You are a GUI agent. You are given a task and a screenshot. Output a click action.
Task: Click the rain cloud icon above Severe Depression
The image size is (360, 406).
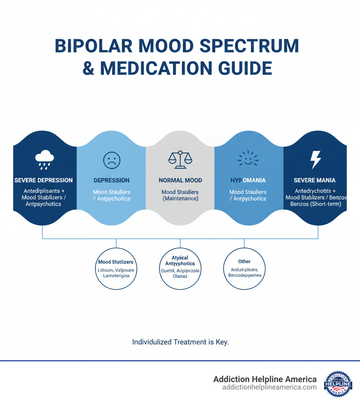45,159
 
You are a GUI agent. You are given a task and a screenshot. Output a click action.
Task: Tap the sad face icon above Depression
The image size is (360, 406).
111,160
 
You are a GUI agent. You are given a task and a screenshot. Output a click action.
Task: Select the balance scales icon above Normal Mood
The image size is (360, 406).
180,160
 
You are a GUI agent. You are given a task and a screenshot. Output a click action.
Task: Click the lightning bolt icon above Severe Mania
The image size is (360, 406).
315,160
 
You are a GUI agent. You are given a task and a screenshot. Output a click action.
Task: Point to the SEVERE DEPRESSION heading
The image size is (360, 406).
44,180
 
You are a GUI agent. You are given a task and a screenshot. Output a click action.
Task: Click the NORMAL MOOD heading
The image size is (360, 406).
180,180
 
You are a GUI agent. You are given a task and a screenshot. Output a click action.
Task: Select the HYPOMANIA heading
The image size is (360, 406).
247,180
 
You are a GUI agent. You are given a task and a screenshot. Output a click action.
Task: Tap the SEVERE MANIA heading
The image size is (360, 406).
314,180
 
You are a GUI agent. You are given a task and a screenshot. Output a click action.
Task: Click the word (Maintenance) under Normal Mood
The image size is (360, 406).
180,199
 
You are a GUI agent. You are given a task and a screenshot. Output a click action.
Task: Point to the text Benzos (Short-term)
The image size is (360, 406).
316,204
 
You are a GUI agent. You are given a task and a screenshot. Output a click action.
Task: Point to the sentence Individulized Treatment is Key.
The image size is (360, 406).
180,342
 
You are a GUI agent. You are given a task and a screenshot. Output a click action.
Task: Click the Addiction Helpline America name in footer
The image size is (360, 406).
265,379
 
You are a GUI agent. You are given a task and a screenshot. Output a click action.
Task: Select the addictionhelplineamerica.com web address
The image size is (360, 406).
269,387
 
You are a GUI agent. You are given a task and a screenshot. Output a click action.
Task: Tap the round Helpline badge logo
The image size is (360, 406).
338,384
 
